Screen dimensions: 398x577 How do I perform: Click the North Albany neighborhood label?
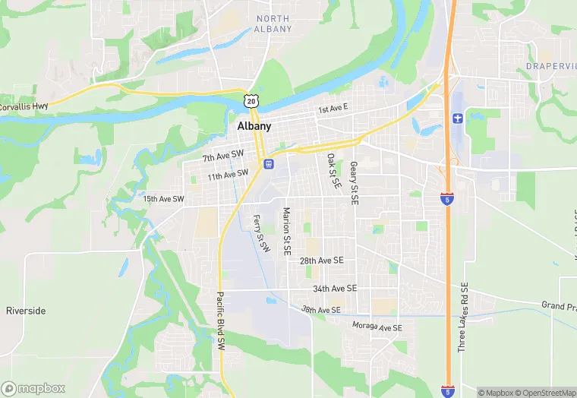pos(273,24)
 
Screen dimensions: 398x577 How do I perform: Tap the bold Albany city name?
pos(254,126)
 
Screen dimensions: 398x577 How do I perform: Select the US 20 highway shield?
pos(251,99)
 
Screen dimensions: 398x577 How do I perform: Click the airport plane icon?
pos(456,118)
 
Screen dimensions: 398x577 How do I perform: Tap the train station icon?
pos(268,163)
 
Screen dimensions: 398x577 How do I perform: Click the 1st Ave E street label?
pos(333,109)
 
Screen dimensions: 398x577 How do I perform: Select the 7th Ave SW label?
pos(223,156)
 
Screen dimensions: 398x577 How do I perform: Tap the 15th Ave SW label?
pos(163,199)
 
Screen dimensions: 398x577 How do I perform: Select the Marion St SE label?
pos(287,231)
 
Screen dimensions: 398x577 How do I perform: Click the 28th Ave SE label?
pos(322,260)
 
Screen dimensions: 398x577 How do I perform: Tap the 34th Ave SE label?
pos(335,289)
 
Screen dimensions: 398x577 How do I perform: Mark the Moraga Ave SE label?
pos(377,327)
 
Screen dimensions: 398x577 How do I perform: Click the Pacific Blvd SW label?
pos(221,321)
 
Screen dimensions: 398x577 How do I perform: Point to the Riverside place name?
pos(26,311)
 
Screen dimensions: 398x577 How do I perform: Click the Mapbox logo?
pos(33,388)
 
